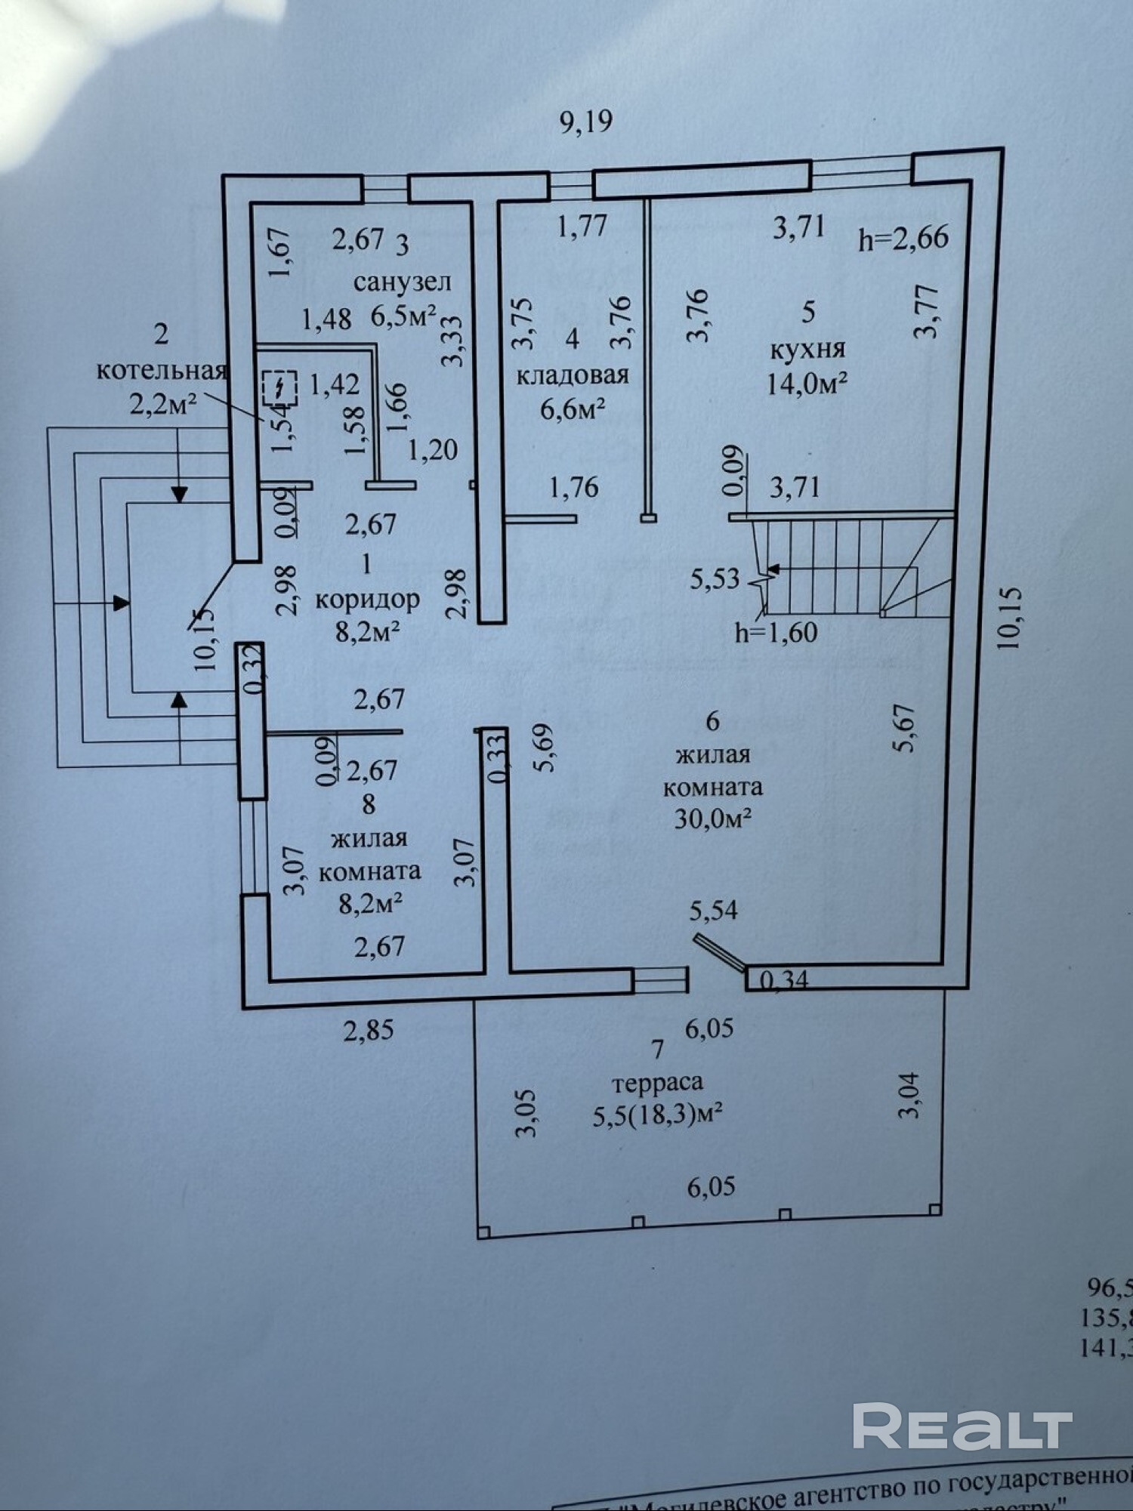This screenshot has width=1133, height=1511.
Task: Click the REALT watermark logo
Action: [962, 1426]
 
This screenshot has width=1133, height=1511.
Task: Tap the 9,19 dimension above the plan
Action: [585, 122]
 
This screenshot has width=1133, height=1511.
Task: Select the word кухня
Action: [807, 350]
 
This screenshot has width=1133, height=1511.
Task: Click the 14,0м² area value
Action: [806, 384]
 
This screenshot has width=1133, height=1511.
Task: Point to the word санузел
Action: [403, 282]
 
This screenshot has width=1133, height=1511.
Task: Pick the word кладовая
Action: [573, 375]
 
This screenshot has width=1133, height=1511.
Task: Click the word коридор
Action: [367, 599]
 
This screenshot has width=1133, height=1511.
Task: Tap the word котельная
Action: [162, 371]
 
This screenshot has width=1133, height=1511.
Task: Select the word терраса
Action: [657, 1082]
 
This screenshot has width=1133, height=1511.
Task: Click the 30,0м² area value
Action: [712, 819]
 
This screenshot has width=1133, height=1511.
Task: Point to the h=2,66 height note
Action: [903, 238]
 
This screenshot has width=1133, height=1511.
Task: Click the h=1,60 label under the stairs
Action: [776, 631]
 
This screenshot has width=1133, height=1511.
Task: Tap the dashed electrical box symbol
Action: [279, 388]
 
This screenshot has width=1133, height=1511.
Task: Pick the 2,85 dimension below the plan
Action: [369, 1030]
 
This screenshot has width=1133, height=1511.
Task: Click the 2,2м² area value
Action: [163, 404]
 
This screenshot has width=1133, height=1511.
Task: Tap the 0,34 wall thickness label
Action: [783, 980]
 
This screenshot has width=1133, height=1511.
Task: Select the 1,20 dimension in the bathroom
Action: [433, 450]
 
